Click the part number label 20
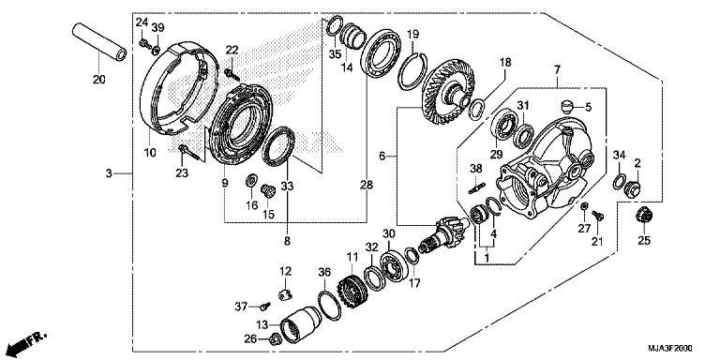[98, 80]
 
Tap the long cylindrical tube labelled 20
[99, 42]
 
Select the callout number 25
[644, 240]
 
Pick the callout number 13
[262, 325]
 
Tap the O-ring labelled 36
[329, 306]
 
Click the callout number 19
[412, 34]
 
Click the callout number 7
[557, 70]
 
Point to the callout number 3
[109, 173]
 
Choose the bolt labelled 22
[232, 74]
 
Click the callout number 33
[287, 186]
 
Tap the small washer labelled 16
[251, 180]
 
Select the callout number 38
[474, 169]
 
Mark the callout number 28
[367, 185]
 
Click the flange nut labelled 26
[274, 339]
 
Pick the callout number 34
[619, 155]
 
